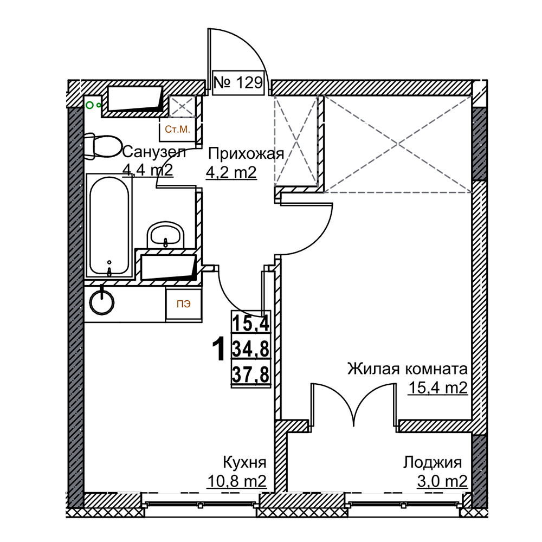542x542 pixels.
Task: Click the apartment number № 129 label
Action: [x=238, y=82]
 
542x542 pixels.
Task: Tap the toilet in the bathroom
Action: [x=102, y=147]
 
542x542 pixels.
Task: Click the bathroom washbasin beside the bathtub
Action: [x=165, y=235]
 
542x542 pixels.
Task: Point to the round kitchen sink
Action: [x=102, y=303]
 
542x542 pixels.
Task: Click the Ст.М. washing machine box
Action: [x=178, y=130]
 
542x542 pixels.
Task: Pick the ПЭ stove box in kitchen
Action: [x=184, y=304]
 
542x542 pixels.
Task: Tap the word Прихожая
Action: [x=246, y=154]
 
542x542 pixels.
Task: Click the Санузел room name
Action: [x=154, y=151]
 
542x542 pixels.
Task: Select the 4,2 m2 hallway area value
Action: [x=231, y=172]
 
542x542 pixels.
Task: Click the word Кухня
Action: [x=245, y=462]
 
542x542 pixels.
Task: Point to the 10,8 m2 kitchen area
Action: [x=237, y=480]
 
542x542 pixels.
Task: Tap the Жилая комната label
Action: [x=408, y=369]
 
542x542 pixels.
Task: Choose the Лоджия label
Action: [x=433, y=462]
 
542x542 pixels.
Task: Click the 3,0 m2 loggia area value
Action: [x=442, y=481]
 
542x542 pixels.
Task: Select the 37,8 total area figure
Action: [x=250, y=374]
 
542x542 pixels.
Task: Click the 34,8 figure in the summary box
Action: [x=250, y=349]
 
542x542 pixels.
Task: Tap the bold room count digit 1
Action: [x=218, y=349]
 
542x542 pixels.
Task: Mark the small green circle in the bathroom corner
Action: [x=89, y=105]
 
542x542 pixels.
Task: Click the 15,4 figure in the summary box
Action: [x=250, y=323]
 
